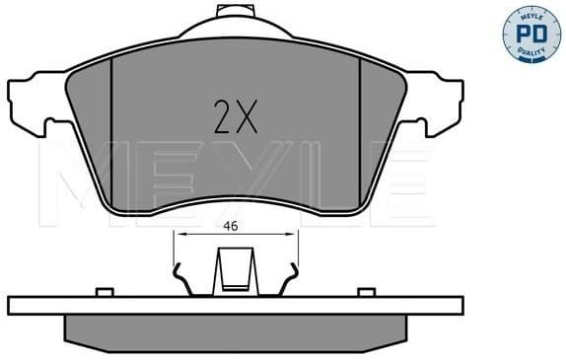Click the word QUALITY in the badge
(x=527, y=52)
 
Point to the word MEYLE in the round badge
(x=527, y=17)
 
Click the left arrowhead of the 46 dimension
(x=177, y=235)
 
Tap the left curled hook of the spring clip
(x=179, y=279)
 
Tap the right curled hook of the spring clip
(x=290, y=279)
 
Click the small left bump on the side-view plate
(x=102, y=291)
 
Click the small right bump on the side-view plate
(x=366, y=291)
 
